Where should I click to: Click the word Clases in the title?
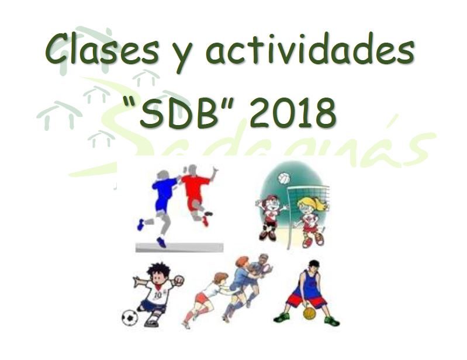coord(102,49)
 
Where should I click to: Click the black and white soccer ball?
coord(130,317)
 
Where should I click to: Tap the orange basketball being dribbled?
coord(309,313)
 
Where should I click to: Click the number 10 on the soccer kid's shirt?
coord(158,295)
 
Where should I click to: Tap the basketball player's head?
coord(313,267)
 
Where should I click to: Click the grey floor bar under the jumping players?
coord(179,247)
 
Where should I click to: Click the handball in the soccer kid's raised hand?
coord(179,279)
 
